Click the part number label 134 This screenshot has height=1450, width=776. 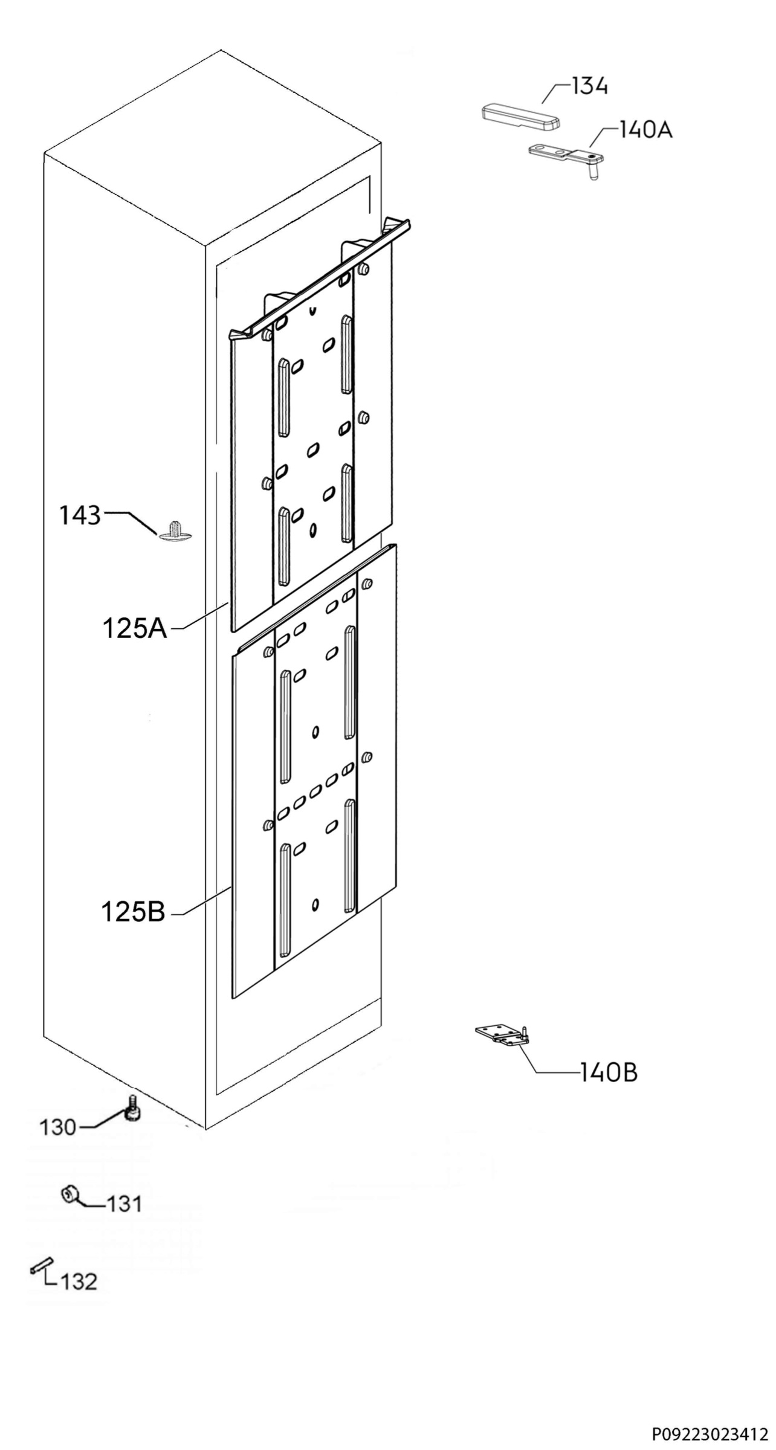click(x=590, y=87)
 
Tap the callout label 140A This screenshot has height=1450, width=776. click(x=645, y=129)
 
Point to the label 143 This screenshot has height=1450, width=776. click(x=80, y=515)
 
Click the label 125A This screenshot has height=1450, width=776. click(x=134, y=629)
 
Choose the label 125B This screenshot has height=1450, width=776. click(x=133, y=912)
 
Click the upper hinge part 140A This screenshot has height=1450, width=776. click(x=566, y=158)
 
